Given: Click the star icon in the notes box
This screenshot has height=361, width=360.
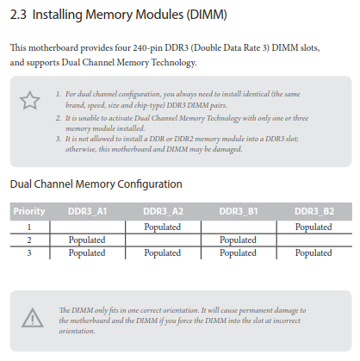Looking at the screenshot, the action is tap(30, 100).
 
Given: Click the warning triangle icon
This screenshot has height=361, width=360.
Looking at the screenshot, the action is tap(33, 318).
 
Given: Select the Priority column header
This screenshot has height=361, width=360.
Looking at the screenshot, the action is tap(29, 211).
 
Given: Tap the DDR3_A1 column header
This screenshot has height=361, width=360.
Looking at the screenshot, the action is tap(87, 211).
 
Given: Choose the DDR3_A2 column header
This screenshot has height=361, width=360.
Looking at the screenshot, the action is tap(163, 211).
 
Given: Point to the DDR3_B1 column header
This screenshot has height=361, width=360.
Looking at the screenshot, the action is tap(239, 211).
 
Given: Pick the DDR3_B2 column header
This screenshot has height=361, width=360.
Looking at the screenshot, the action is tap(314, 211).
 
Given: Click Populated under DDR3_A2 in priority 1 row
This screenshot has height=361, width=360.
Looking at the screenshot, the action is tap(163, 227).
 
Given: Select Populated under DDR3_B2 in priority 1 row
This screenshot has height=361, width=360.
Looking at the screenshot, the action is tap(313, 227).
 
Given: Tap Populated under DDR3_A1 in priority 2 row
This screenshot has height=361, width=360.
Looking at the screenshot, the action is tap(87, 240).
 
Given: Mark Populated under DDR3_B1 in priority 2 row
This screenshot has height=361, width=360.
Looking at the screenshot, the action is tap(238, 240).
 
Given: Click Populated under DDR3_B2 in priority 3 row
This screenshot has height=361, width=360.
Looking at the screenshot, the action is tap(313, 253).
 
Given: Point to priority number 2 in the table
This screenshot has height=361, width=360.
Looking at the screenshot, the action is tap(29, 240).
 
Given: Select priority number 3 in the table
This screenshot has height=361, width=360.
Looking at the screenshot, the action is tap(29, 253).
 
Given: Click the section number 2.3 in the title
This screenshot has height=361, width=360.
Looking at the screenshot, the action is tap(18, 15).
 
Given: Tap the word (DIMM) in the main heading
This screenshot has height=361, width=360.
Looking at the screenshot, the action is tap(207, 15).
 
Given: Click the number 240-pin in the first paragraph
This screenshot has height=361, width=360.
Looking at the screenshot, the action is tap(147, 47).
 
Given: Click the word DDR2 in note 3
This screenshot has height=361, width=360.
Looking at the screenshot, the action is tap(183, 139).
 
